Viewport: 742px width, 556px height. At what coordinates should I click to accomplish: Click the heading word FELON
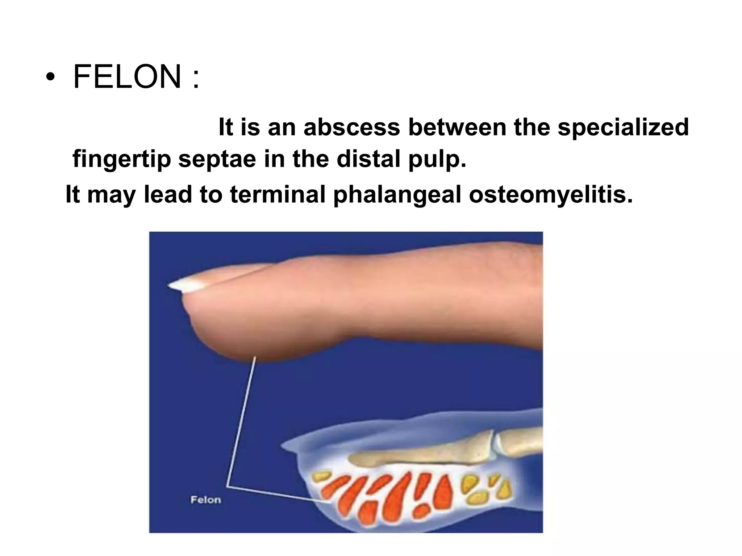click(x=127, y=77)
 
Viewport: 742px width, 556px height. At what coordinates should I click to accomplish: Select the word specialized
click(x=623, y=127)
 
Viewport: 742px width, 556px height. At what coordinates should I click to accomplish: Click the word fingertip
click(x=121, y=159)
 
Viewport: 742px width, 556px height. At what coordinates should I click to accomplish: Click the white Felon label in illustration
click(x=205, y=500)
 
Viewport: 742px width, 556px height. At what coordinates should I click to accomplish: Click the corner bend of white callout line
click(x=228, y=486)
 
